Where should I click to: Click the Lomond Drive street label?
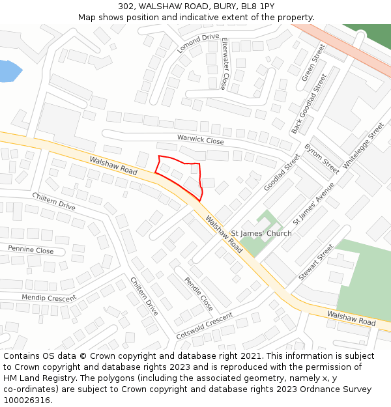coord(198,43)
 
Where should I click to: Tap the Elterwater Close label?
coord(225,63)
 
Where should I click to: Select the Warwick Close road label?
coord(200,139)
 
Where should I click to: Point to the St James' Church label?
coord(261,233)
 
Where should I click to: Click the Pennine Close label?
coord(31,249)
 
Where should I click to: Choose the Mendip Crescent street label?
coord(49,298)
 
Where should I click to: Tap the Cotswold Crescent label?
coord(204,326)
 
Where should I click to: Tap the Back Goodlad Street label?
coord(309,104)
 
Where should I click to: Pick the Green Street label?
coord(313,63)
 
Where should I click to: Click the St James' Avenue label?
coord(313,203)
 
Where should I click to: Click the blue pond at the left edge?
coord(8,70)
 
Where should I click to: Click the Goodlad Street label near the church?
coord(282,173)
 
